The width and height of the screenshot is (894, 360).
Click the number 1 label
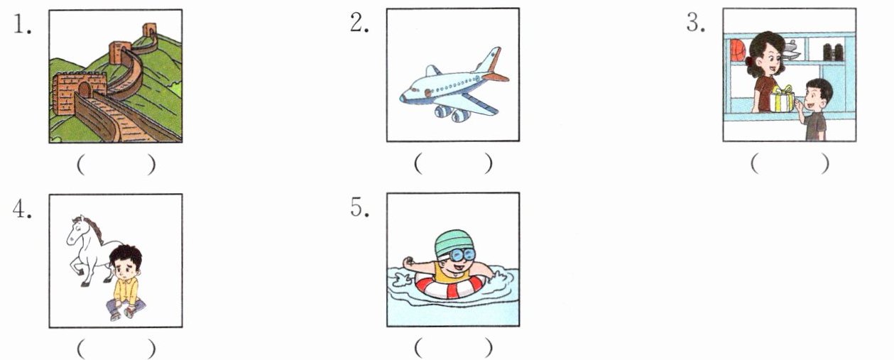pos(22,24)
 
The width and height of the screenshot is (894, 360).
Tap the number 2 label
pos(359,22)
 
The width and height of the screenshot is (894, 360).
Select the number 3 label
pos(696,22)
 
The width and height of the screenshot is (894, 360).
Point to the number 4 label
pos(22,209)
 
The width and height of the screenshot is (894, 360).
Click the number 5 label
pos(359,207)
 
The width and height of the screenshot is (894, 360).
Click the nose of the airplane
pos(404,98)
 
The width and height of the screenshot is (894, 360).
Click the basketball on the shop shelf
pos(738,50)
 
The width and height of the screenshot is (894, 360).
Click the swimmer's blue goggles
pos(464,254)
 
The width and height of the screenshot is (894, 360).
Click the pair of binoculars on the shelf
pos(834,53)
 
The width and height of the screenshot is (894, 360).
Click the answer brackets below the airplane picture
pos(453,163)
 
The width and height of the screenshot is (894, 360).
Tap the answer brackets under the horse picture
pos(116,349)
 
